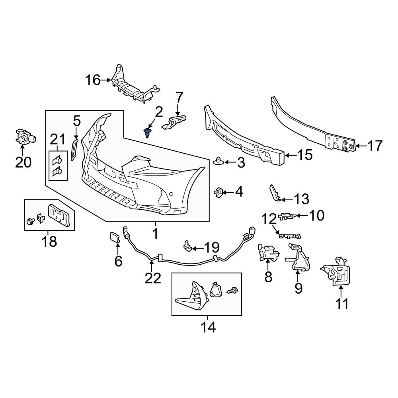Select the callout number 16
(92, 80)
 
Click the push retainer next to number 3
(218, 161)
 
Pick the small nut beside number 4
(218, 193)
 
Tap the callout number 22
(152, 278)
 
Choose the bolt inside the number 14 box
(232, 291)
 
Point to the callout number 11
(342, 304)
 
